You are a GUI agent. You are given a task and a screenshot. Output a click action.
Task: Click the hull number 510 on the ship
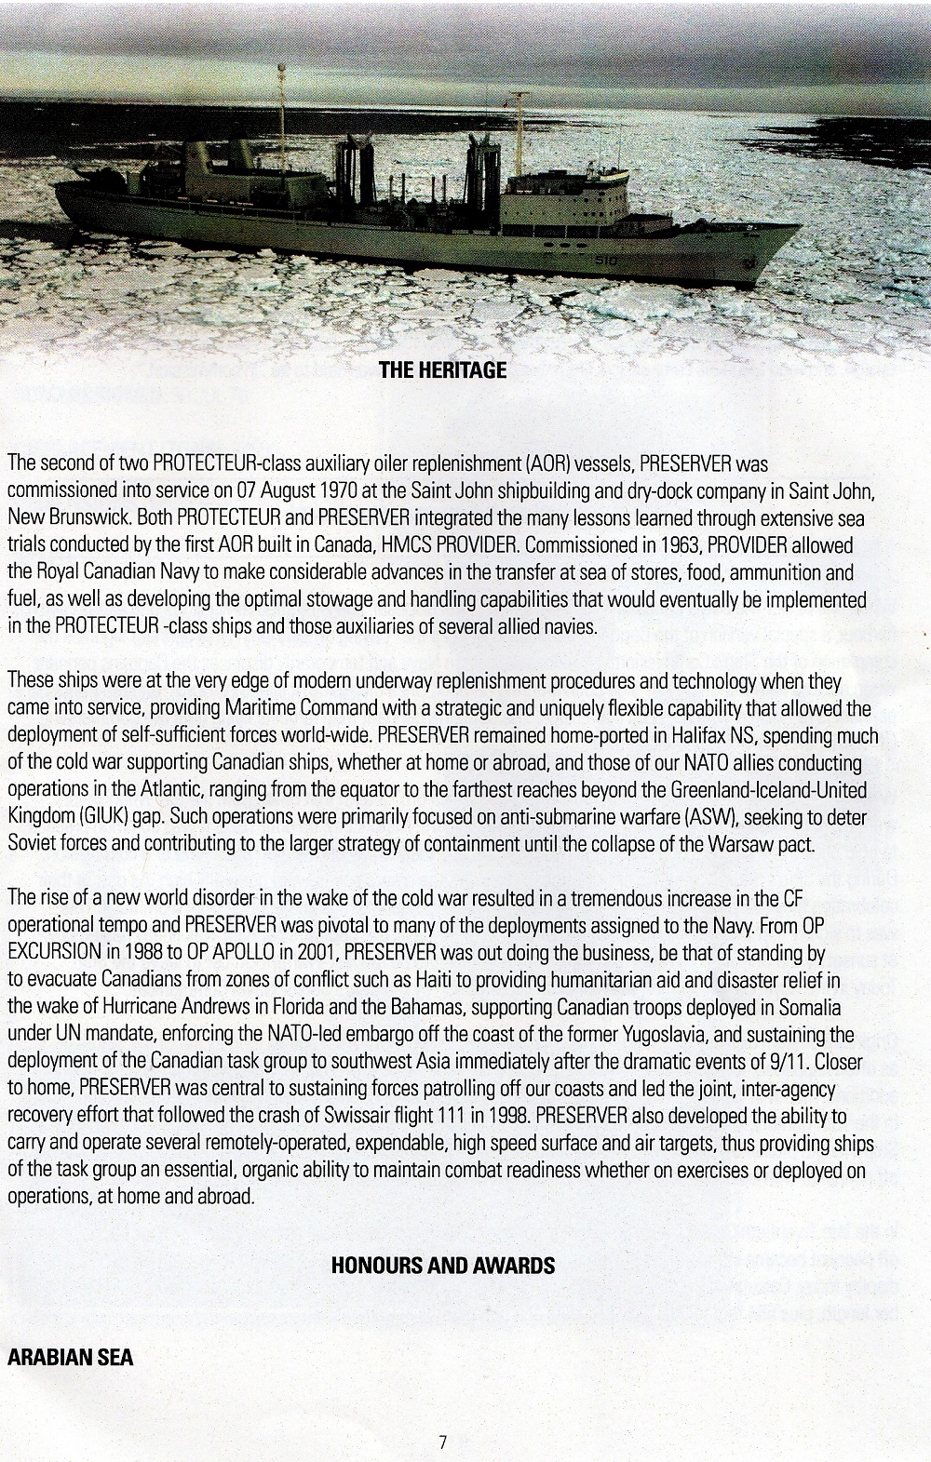pyautogui.click(x=605, y=262)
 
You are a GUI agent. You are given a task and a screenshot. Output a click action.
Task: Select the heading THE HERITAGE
pyautogui.click(x=443, y=370)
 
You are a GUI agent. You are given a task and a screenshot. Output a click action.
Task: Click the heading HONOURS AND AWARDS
pyautogui.click(x=443, y=1266)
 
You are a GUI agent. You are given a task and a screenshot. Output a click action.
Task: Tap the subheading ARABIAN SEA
pyautogui.click(x=70, y=1357)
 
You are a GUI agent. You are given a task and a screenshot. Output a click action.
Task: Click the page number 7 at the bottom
pyautogui.click(x=443, y=1442)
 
